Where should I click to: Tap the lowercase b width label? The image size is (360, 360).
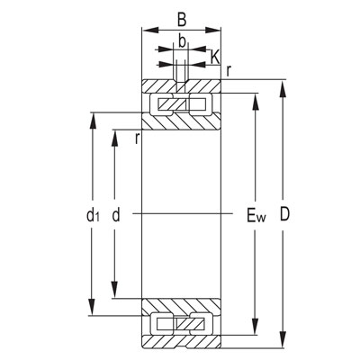182,40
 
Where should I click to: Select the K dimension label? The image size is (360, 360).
214,57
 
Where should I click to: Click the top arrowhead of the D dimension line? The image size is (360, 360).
284,86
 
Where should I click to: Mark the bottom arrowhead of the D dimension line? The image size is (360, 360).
284,343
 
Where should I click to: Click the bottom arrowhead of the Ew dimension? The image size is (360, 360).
256,332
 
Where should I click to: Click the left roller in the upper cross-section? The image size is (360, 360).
166,105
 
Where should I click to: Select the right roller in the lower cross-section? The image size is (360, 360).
194,322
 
